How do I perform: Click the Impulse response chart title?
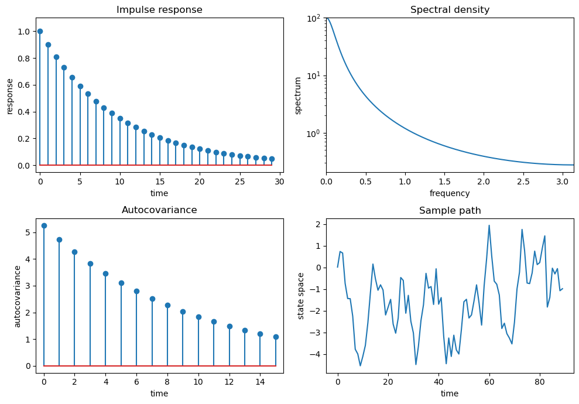click(159, 10)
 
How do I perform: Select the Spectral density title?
click(450, 10)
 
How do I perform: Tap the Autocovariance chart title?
click(159, 210)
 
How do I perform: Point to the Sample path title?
click(450, 211)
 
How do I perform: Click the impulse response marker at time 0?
click(40, 31)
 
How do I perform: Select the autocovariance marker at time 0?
click(44, 225)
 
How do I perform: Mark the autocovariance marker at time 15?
click(276, 337)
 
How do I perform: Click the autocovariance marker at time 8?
click(167, 305)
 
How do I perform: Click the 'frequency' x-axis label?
click(450, 193)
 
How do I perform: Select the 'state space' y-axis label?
click(302, 296)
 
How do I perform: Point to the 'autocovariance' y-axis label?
click(18, 296)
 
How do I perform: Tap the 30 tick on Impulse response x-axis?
click(280, 182)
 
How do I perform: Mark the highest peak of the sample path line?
click(489, 225)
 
